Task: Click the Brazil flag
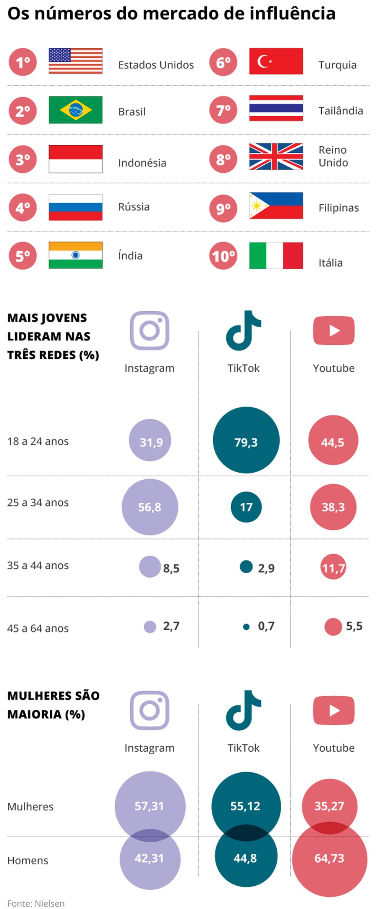76,110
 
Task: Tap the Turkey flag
276,61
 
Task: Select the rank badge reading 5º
23,256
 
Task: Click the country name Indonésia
142,163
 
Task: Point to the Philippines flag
276,206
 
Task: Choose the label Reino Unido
333,156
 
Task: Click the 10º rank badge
223,256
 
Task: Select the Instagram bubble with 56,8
150,507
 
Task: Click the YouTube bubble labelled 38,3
333,507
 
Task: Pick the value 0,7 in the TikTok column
266,626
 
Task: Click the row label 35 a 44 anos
38,565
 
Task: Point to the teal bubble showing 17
246,507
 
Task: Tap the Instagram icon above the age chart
149,331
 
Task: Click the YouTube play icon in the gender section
334,710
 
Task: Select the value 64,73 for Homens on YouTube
329,858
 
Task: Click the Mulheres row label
30,807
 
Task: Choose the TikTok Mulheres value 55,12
245,806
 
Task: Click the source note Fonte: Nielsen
36,903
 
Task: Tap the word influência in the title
293,14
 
